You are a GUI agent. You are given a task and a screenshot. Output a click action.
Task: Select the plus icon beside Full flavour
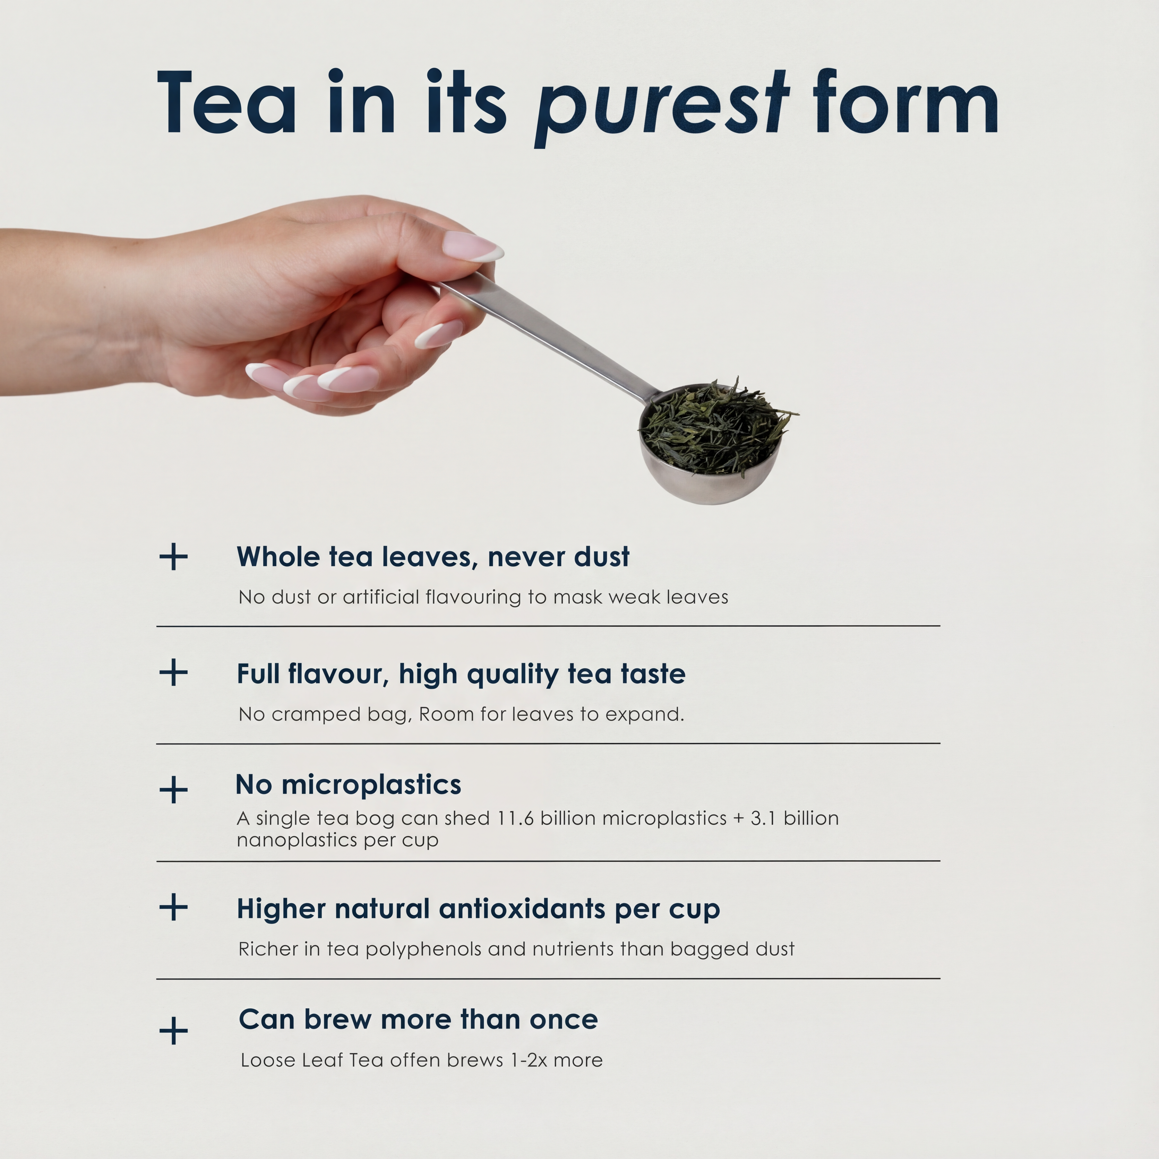pos(173,672)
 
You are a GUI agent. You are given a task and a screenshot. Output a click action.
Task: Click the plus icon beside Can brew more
pos(173,1031)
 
